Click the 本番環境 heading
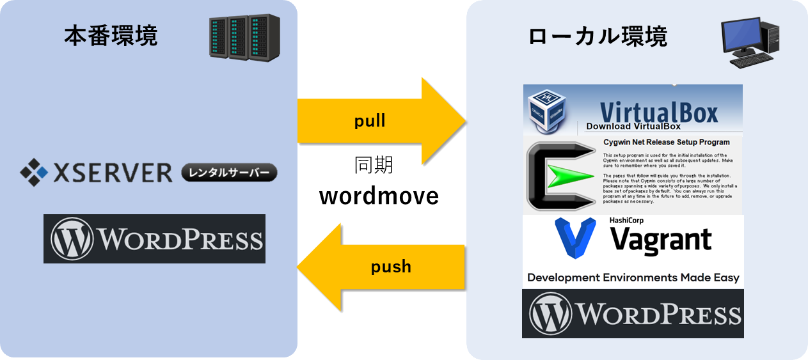[x=111, y=36]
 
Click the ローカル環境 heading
[x=598, y=36]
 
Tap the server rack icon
[x=236, y=38]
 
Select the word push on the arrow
[x=391, y=266]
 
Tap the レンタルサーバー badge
[x=229, y=172]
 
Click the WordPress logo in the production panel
[x=154, y=239]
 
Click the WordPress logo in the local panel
[x=633, y=313]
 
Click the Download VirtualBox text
[x=633, y=127]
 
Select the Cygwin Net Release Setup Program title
[x=666, y=142]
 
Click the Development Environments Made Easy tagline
[x=633, y=278]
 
